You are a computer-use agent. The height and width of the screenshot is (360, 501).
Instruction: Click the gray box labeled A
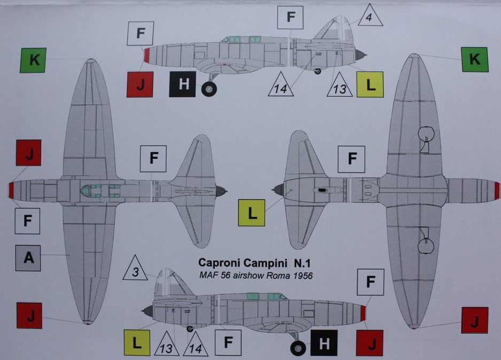tap(28, 258)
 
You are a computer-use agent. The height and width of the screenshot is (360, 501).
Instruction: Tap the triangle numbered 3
tap(136, 271)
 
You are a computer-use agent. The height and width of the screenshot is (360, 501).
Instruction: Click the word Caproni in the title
tap(217, 263)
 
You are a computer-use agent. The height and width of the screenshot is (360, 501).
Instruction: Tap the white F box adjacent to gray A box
tap(28, 221)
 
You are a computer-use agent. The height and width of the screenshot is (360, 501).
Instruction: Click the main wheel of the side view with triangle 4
tap(209, 89)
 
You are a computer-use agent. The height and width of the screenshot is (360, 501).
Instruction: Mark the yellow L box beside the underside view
tap(252, 213)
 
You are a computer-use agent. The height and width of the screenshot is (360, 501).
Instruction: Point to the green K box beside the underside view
tap(475, 59)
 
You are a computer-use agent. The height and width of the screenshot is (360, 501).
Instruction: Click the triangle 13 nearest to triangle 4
tap(340, 87)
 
